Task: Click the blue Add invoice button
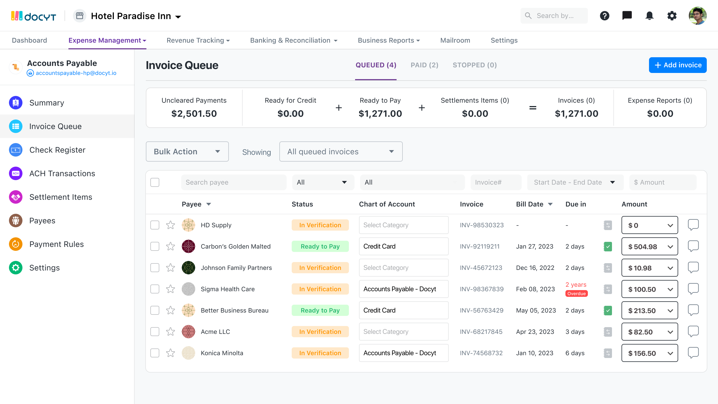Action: pyautogui.click(x=677, y=65)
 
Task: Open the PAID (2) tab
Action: pyautogui.click(x=424, y=65)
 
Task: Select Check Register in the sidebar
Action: pyautogui.click(x=57, y=150)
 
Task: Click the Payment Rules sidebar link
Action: pyautogui.click(x=56, y=244)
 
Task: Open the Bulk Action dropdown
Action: pyautogui.click(x=187, y=151)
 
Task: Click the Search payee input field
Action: pyautogui.click(x=234, y=182)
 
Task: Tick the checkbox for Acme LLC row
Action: pyautogui.click(x=155, y=332)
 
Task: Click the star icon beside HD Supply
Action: pyautogui.click(x=171, y=225)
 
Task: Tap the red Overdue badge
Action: pyautogui.click(x=576, y=293)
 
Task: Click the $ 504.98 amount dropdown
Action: pyautogui.click(x=649, y=247)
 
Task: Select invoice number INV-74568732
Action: pyautogui.click(x=481, y=353)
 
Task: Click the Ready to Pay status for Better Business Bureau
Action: pyautogui.click(x=320, y=310)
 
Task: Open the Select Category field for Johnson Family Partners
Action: pyautogui.click(x=403, y=268)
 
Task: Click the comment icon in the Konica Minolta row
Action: pyautogui.click(x=693, y=353)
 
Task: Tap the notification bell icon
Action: pyautogui.click(x=649, y=16)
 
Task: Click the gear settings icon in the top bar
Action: pyautogui.click(x=672, y=16)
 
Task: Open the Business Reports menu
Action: pyautogui.click(x=388, y=40)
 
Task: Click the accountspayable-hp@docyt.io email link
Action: pyautogui.click(x=76, y=73)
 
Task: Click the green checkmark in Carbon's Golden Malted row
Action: pyautogui.click(x=608, y=247)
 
